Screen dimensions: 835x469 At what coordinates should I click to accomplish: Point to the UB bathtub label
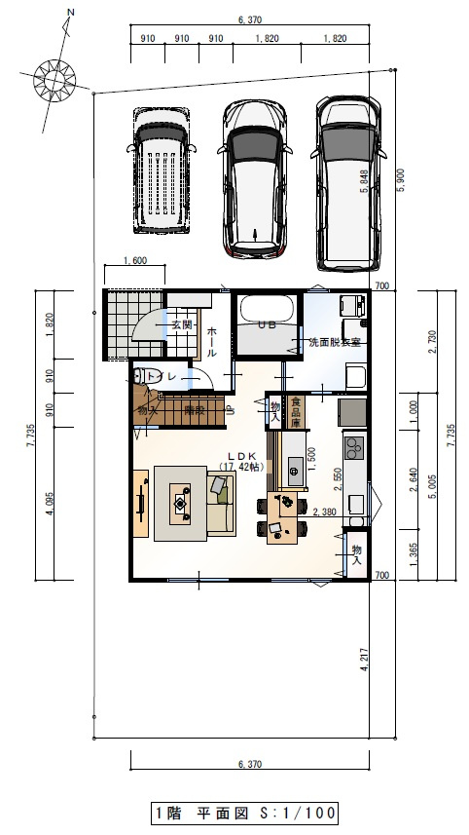tap(268, 325)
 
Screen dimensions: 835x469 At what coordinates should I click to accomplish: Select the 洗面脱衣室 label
tap(335, 343)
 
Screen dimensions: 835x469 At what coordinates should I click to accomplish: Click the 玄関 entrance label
tap(182, 324)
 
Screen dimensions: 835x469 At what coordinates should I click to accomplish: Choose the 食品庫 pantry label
tap(296, 410)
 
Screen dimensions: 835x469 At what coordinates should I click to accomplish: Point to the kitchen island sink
tap(293, 474)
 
